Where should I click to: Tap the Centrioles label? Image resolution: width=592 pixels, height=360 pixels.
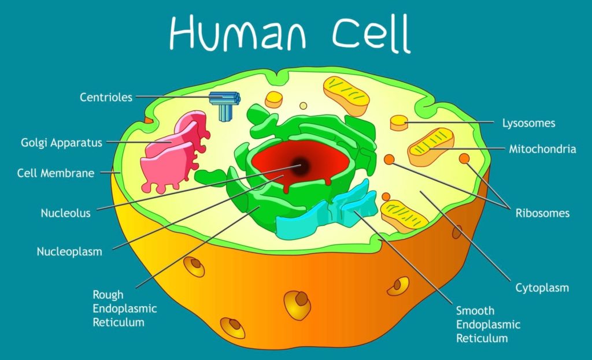click(x=106, y=97)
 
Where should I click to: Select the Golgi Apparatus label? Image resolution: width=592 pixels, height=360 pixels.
click(x=61, y=142)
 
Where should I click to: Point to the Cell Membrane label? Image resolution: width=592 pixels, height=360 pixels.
click(x=55, y=173)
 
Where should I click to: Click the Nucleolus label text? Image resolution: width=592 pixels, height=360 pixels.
click(x=65, y=213)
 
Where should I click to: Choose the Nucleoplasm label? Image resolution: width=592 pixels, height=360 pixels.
click(x=69, y=251)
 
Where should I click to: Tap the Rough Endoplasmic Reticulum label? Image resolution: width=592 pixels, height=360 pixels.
click(x=124, y=308)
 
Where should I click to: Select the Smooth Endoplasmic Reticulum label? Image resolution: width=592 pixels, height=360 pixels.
click(x=488, y=324)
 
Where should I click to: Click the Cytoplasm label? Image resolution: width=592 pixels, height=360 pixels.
click(x=542, y=287)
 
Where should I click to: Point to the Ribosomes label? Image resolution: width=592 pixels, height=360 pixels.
click(x=542, y=213)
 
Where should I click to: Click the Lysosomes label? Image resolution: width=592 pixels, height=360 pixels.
click(x=528, y=123)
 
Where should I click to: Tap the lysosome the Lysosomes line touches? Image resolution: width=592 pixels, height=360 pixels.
click(x=399, y=123)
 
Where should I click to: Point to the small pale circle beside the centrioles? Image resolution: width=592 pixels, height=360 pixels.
click(x=303, y=106)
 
